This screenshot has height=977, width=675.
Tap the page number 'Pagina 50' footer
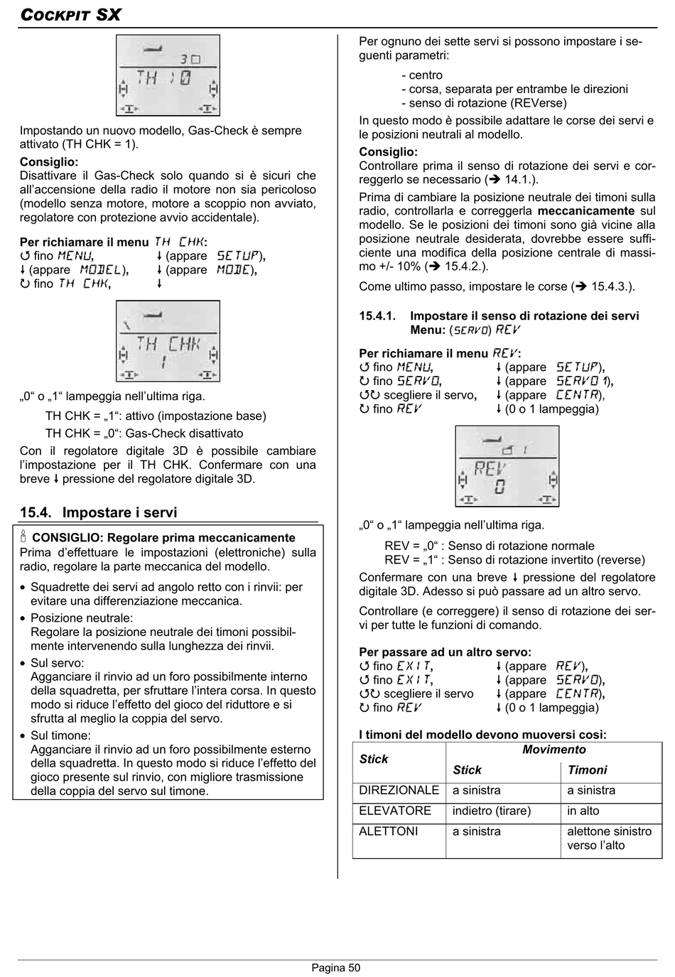point(336,968)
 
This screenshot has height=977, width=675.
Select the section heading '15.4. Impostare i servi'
point(99,512)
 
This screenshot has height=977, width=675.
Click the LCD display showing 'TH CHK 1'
point(168,341)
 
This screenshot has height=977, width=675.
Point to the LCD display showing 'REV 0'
point(507,466)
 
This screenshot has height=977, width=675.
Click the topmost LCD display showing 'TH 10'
point(168,75)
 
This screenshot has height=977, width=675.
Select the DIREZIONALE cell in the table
point(399,790)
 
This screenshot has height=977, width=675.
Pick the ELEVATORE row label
point(395,811)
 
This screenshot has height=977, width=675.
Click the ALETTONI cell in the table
point(389,831)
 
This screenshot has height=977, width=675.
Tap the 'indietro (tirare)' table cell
point(492,811)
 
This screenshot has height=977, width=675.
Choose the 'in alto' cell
point(583,811)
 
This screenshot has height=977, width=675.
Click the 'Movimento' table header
point(554,750)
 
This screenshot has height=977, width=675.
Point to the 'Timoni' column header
point(588,770)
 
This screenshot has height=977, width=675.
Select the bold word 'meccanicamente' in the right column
point(586,211)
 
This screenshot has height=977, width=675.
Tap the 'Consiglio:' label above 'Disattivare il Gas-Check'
point(49,162)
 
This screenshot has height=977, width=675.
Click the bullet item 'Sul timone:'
point(60,735)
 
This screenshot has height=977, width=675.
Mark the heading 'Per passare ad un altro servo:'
point(445,652)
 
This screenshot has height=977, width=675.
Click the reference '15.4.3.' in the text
point(611,287)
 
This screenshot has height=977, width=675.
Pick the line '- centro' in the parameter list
point(422,75)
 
